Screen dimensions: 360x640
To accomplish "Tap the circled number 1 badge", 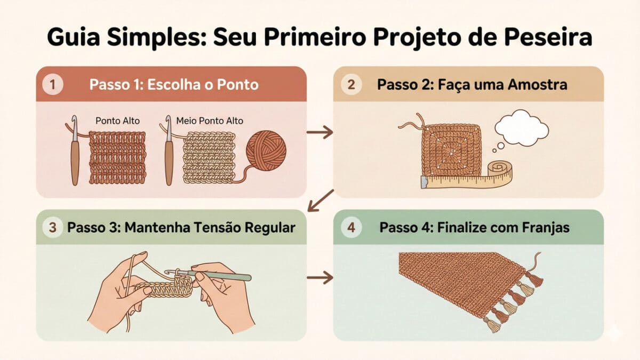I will click(x=53, y=84).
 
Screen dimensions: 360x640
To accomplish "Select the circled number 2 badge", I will click(x=351, y=84).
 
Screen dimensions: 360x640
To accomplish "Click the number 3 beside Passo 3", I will click(x=52, y=228).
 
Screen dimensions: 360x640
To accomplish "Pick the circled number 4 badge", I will click(x=351, y=228).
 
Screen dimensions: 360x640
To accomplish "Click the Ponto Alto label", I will click(x=117, y=121).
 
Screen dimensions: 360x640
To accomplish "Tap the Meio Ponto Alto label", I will click(x=209, y=121).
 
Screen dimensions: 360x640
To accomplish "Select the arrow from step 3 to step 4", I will click(x=321, y=277).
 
